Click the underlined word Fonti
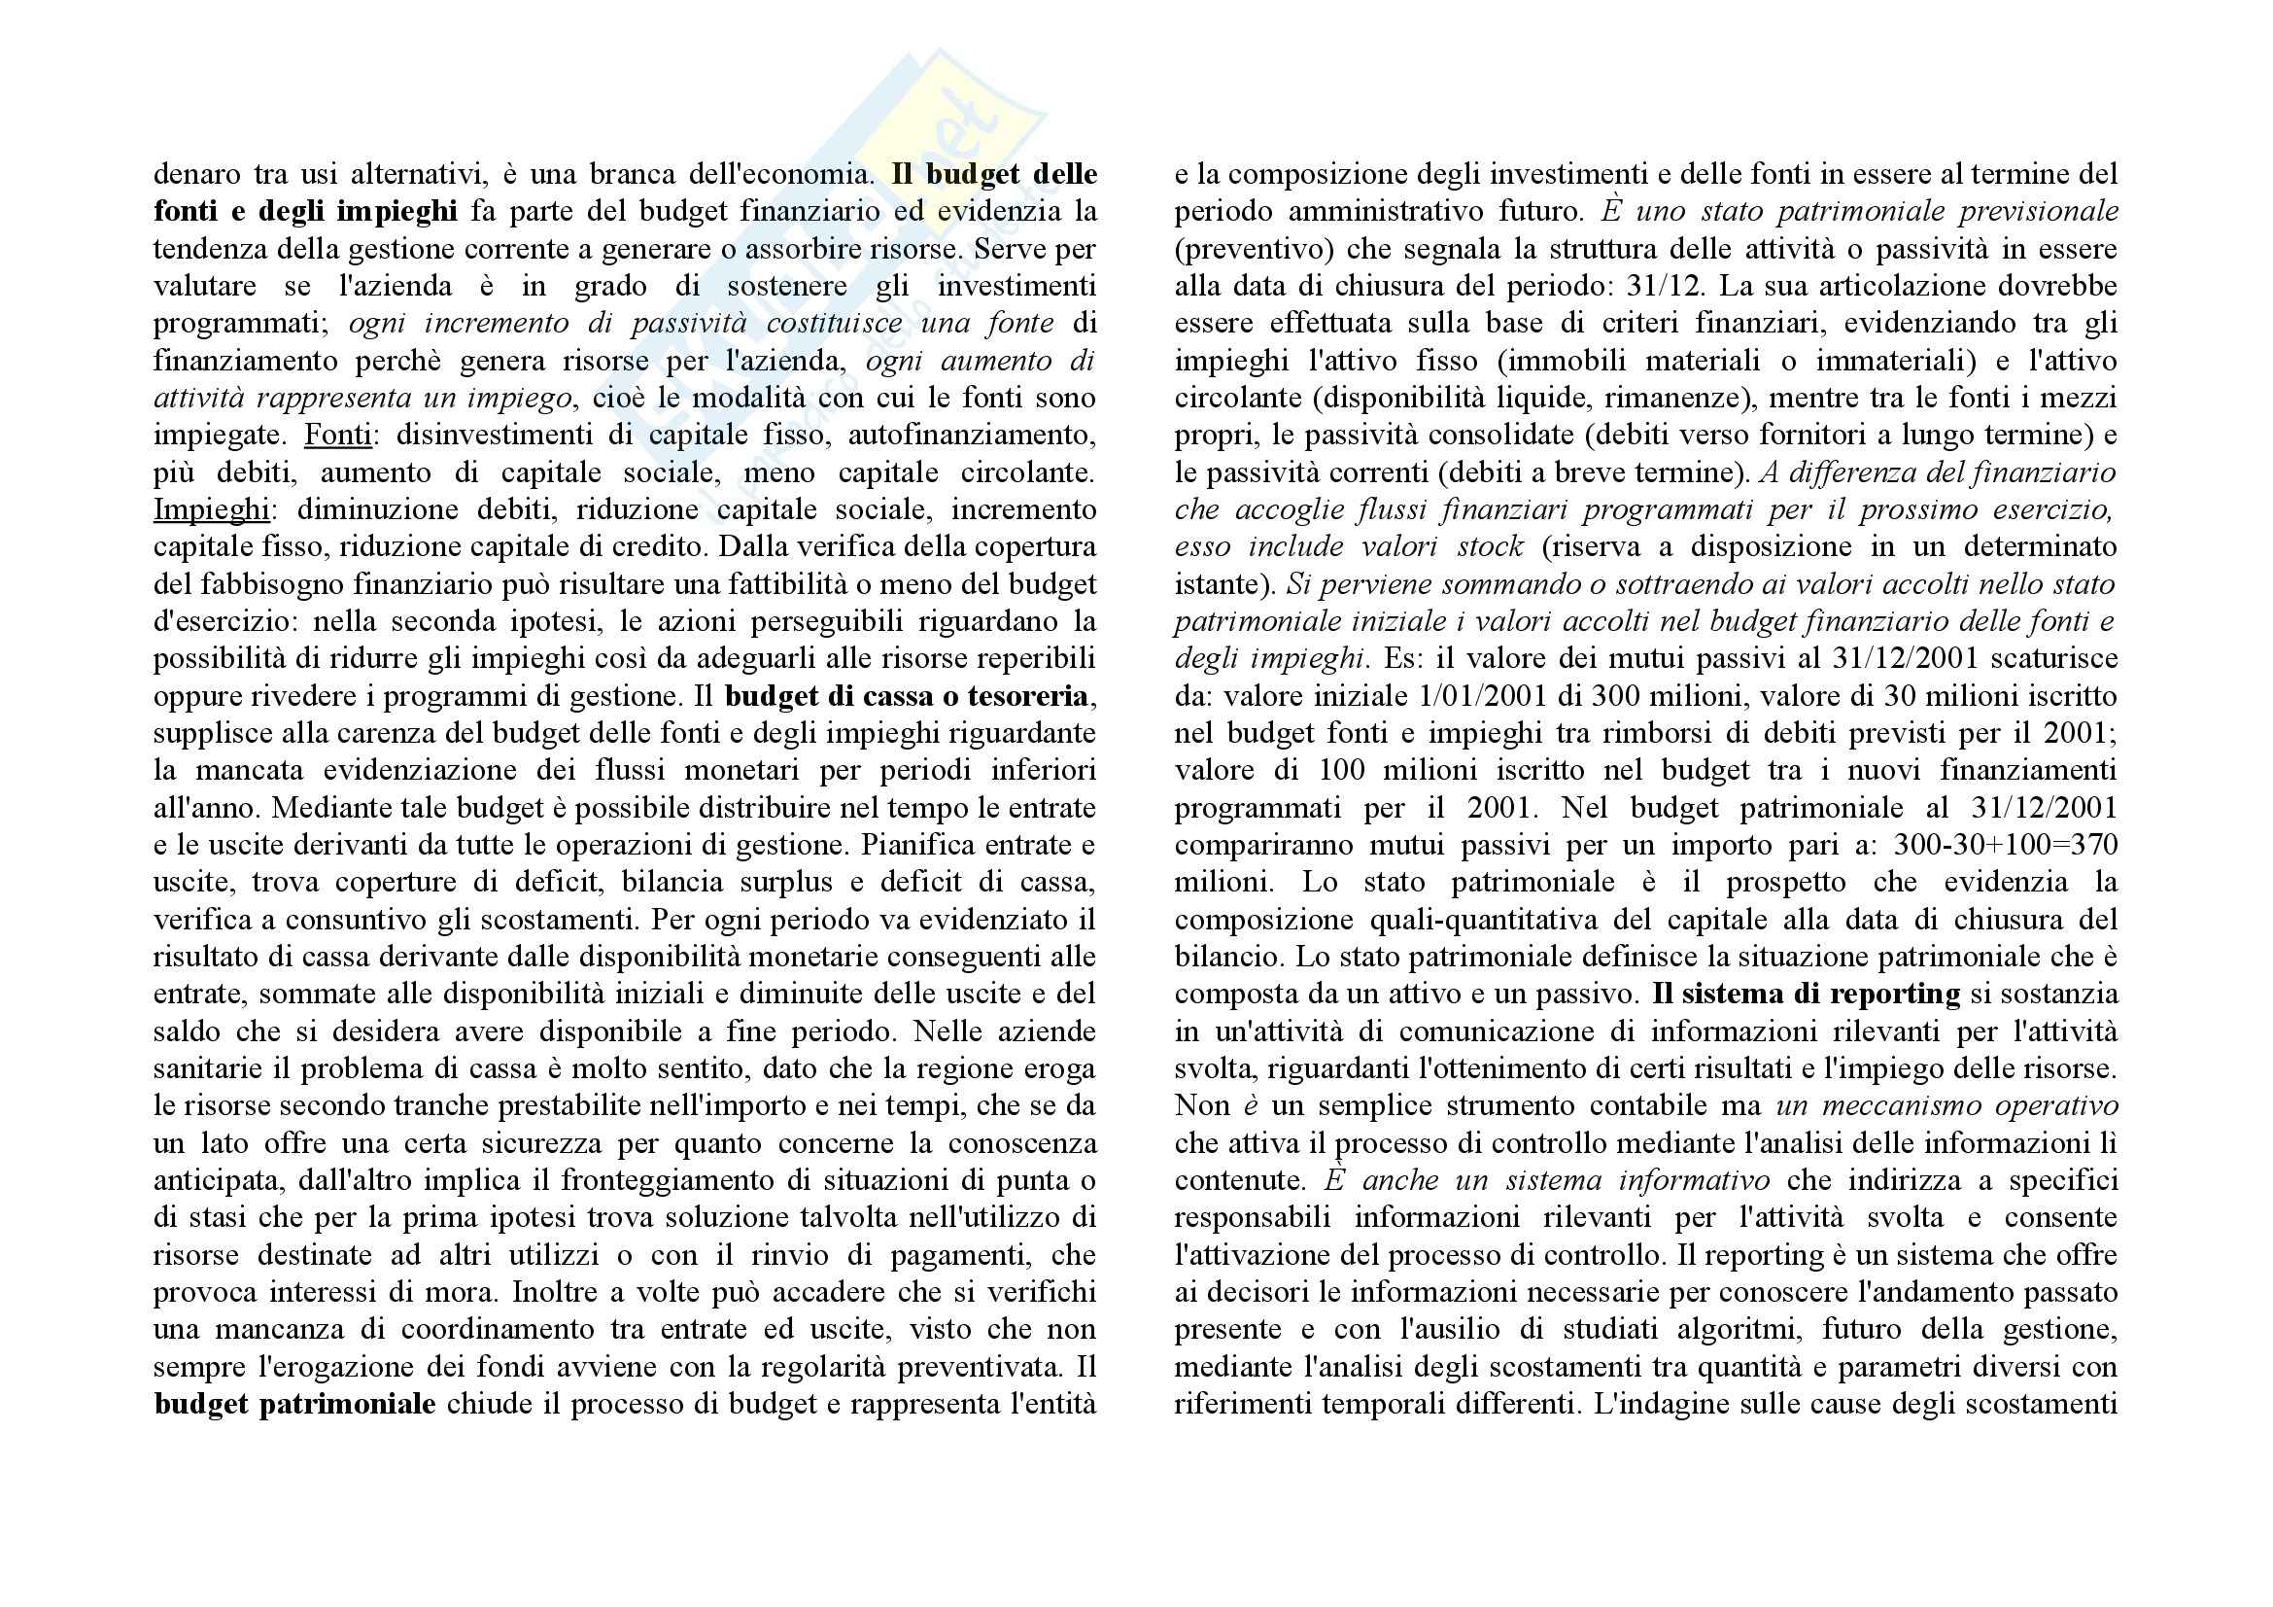click(337, 435)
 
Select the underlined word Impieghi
click(211, 509)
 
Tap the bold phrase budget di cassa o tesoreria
click(906, 696)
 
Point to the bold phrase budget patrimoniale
click(294, 1404)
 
